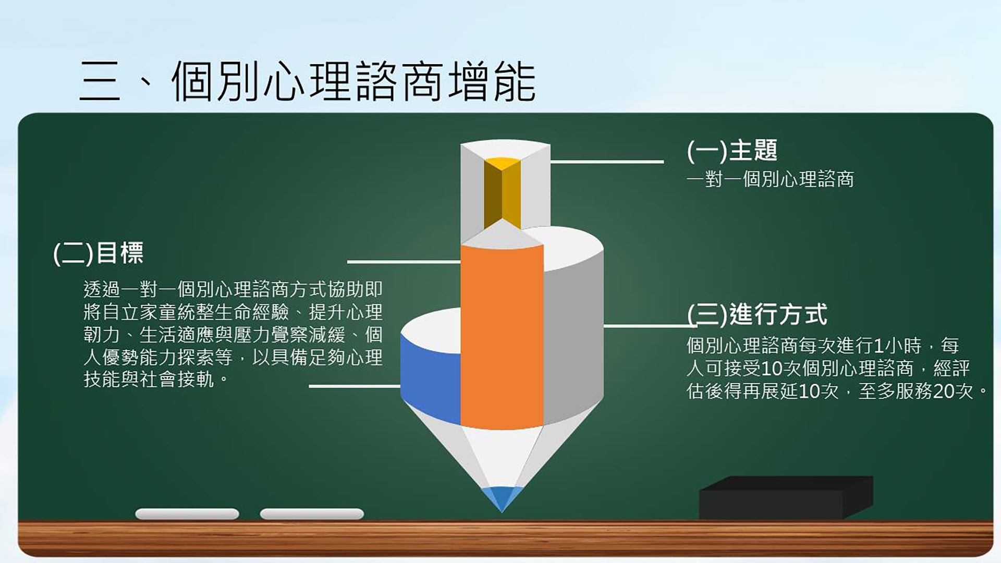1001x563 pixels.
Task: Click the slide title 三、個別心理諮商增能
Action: (308, 81)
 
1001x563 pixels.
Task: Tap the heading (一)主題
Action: (732, 151)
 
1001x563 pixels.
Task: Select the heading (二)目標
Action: (99, 253)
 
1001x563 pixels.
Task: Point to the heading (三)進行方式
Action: (757, 314)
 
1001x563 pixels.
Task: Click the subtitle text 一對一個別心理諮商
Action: (770, 179)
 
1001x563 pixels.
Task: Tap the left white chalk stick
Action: (187, 514)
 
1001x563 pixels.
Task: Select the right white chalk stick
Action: (312, 514)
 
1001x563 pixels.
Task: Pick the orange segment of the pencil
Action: (502, 336)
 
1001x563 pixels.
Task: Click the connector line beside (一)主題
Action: (607, 162)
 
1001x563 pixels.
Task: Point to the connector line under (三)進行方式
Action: (650, 326)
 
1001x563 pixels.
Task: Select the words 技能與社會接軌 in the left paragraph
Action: (149, 379)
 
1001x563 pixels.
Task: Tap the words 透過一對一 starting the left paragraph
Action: (130, 289)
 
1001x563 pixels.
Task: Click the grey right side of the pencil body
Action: (573, 334)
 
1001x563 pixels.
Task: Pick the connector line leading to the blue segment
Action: (355, 386)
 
